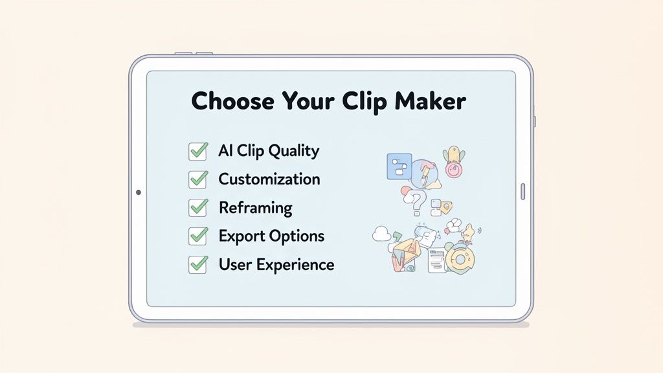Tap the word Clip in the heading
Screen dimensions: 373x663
(360, 102)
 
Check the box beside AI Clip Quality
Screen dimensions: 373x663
(197, 152)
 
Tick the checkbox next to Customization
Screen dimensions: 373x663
(197, 179)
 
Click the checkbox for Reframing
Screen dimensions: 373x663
(197, 208)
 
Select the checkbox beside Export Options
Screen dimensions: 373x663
(197, 236)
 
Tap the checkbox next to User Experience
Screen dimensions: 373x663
(197, 264)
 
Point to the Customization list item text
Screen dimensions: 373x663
(269, 179)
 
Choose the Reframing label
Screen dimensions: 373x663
(255, 208)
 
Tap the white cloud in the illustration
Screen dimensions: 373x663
(381, 234)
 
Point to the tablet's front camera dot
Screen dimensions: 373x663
(138, 192)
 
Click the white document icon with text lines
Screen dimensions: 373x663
(437, 259)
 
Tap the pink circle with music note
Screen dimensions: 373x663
(453, 170)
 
